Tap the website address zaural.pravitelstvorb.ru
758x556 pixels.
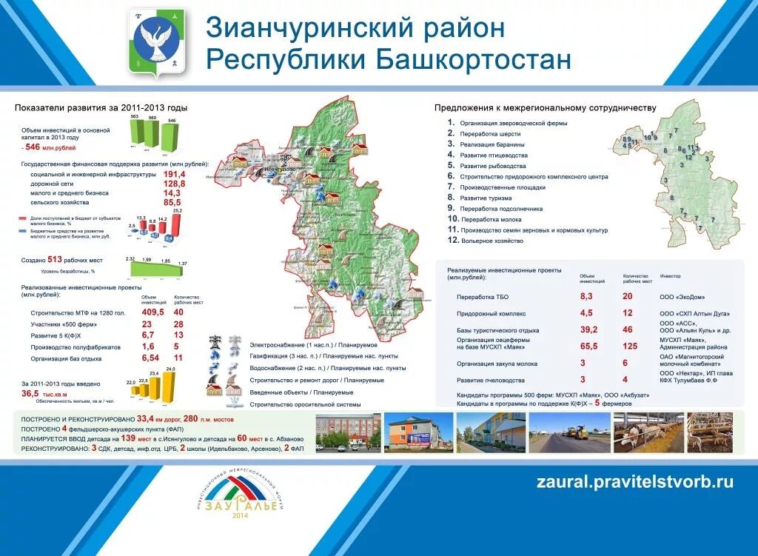[634, 482]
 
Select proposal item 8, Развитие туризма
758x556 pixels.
[485, 198]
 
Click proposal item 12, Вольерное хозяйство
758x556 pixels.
[486, 241]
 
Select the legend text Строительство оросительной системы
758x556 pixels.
[305, 404]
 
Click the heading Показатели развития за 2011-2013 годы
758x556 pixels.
[101, 108]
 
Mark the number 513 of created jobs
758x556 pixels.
[54, 260]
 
